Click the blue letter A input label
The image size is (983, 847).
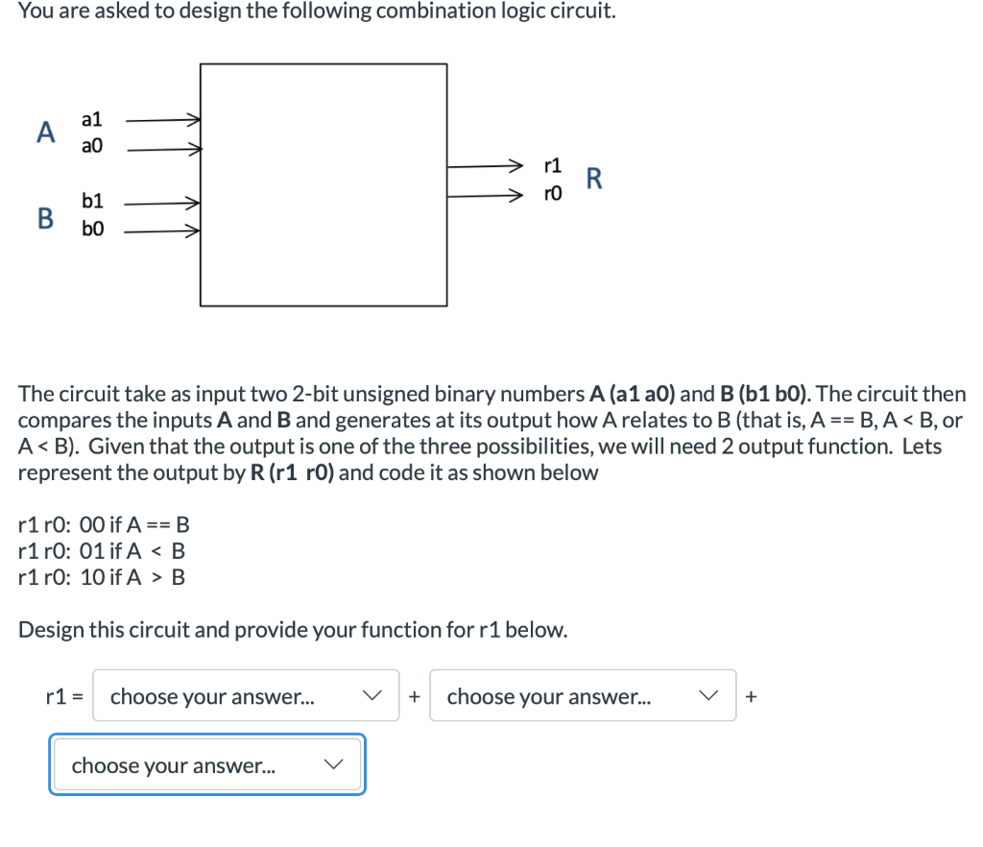click(44, 132)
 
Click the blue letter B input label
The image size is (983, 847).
click(44, 217)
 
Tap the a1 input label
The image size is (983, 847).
click(92, 119)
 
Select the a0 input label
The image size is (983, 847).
click(92, 147)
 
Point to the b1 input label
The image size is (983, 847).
click(92, 202)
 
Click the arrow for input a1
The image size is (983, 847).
click(162, 121)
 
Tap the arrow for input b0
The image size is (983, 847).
click(162, 231)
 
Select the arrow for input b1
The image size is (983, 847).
click(162, 204)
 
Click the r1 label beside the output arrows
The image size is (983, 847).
click(553, 165)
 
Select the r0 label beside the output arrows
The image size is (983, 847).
click(553, 196)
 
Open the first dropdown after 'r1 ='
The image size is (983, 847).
click(246, 696)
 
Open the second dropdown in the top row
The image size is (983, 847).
click(582, 696)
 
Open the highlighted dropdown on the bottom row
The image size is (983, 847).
click(207, 765)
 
